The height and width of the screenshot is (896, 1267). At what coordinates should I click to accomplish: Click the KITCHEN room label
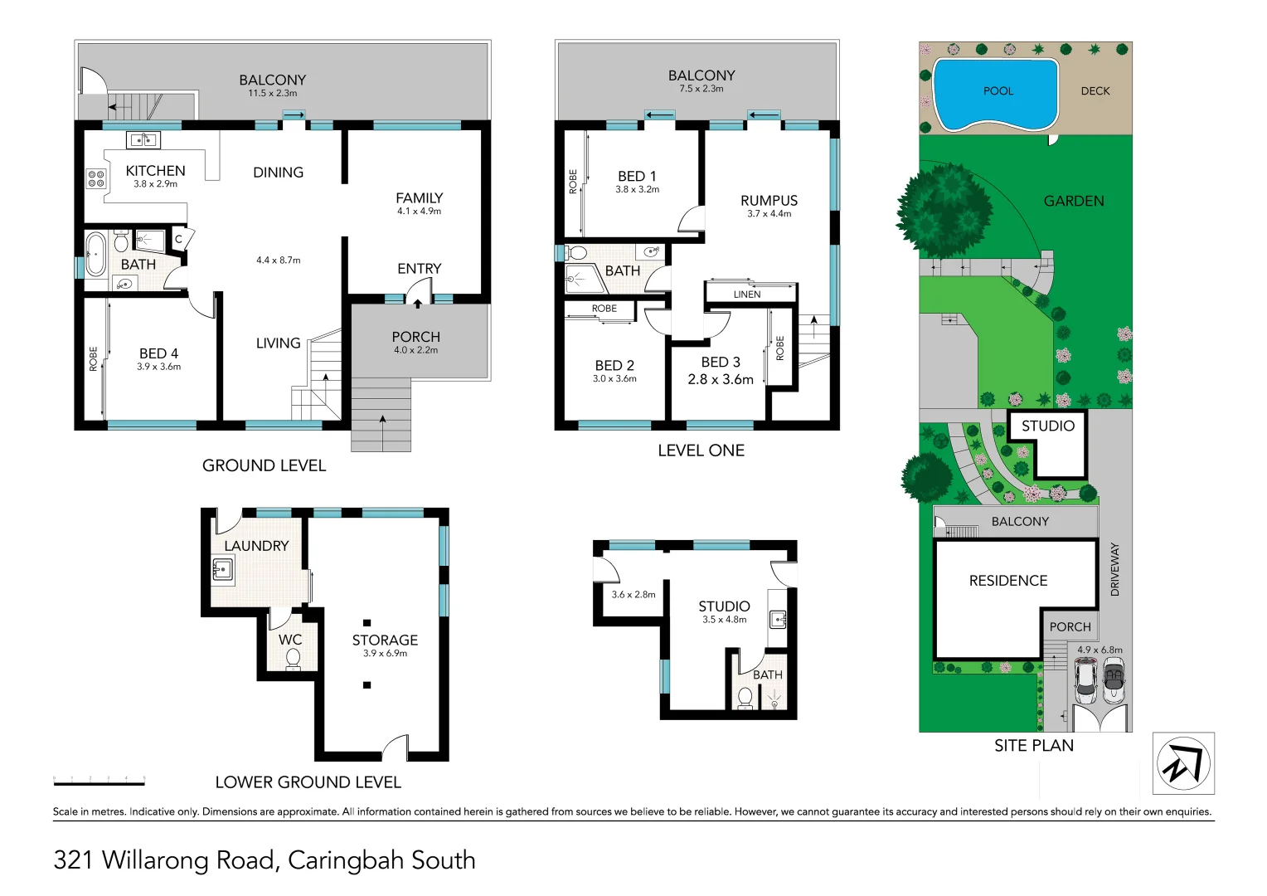pos(155,170)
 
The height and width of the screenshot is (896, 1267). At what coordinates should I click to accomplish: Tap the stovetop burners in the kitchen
pos(96,178)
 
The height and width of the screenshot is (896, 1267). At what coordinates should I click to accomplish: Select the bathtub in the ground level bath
pos(94,253)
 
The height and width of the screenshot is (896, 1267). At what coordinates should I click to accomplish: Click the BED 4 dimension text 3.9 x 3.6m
pos(158,367)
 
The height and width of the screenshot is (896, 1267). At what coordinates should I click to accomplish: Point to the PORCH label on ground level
pos(415,337)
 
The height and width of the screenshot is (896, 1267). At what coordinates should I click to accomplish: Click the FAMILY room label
pos(419,197)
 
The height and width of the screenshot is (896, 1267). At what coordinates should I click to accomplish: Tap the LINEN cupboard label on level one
pos(746,295)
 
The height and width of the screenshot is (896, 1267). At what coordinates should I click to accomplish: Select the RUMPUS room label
pos(769,200)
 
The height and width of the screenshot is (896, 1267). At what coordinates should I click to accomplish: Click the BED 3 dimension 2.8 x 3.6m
pos(720,379)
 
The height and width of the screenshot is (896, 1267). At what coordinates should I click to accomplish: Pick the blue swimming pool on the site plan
pos(996,93)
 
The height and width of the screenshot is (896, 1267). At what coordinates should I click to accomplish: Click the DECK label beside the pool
pos(1095,91)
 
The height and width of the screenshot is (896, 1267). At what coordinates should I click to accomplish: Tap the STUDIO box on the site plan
pos(1047,443)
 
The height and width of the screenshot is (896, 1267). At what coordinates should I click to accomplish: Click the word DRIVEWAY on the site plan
pos(1114,569)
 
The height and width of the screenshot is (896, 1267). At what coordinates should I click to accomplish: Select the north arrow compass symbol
pos(1183,763)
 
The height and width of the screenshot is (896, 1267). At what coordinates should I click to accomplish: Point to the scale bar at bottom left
pos(99,782)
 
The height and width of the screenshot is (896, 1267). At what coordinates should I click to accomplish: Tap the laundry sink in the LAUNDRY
pos(222,570)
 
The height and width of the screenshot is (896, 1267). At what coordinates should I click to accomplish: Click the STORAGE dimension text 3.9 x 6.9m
pos(385,654)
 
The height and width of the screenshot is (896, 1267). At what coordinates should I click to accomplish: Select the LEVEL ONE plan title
pos(701,450)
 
